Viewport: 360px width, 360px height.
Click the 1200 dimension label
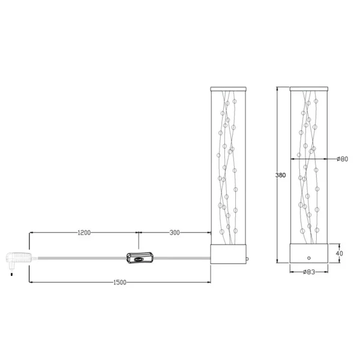pyautogui.click(x=83, y=233)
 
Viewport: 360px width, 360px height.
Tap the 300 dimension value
pyautogui.click(x=175, y=233)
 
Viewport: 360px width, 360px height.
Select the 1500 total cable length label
pyautogui.click(x=120, y=284)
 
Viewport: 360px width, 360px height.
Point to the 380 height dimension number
pyautogui.click(x=281, y=175)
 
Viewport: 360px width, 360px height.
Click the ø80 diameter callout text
pyautogui.click(x=342, y=158)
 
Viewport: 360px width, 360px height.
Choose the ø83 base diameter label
pyautogui.click(x=309, y=272)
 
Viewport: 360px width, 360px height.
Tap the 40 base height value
pyautogui.click(x=340, y=253)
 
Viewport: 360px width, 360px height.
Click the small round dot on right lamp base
pyautogui.click(x=309, y=257)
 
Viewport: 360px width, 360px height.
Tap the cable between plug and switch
pyautogui.click(x=78, y=259)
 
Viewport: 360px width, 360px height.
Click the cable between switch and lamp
pyautogui.click(x=180, y=259)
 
